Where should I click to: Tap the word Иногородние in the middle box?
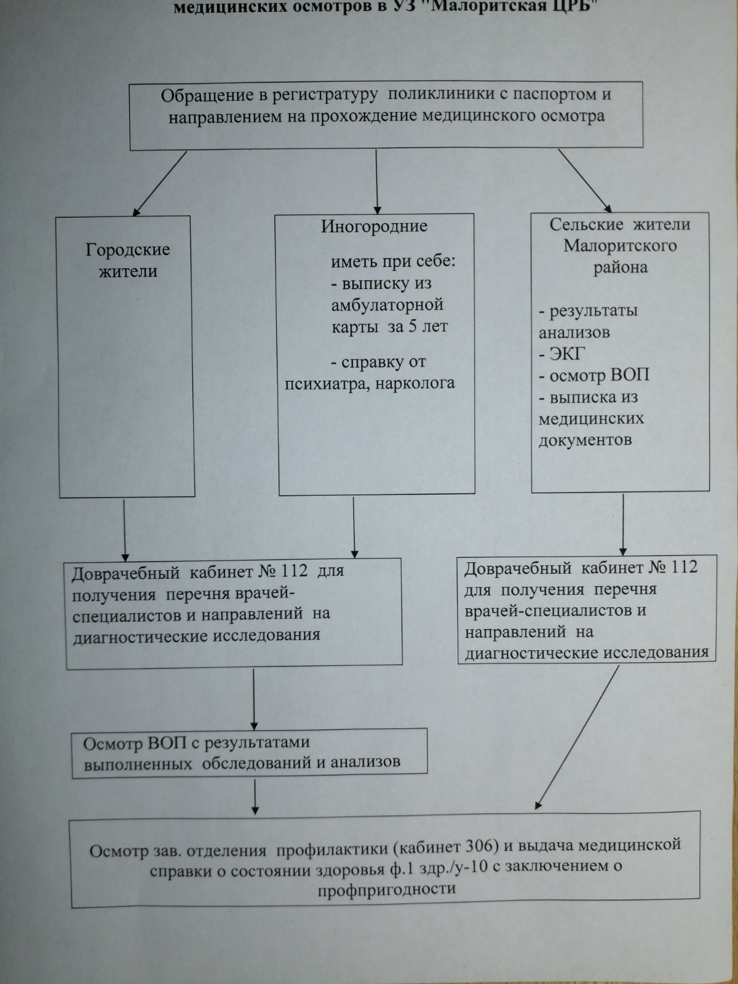(374, 226)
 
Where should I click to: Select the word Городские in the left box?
(128, 250)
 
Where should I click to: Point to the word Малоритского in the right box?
(620, 246)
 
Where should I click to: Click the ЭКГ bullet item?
(562, 354)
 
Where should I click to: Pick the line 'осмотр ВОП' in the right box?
(593, 376)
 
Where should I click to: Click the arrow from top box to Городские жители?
(159, 183)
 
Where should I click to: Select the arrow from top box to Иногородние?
(376, 181)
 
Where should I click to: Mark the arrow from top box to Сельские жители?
(585, 180)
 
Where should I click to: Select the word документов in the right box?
(585, 440)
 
